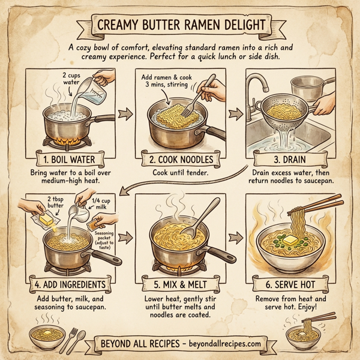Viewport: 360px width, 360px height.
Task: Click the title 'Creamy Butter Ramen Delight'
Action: pos(179,26)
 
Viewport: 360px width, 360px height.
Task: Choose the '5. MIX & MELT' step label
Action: pos(179,283)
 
